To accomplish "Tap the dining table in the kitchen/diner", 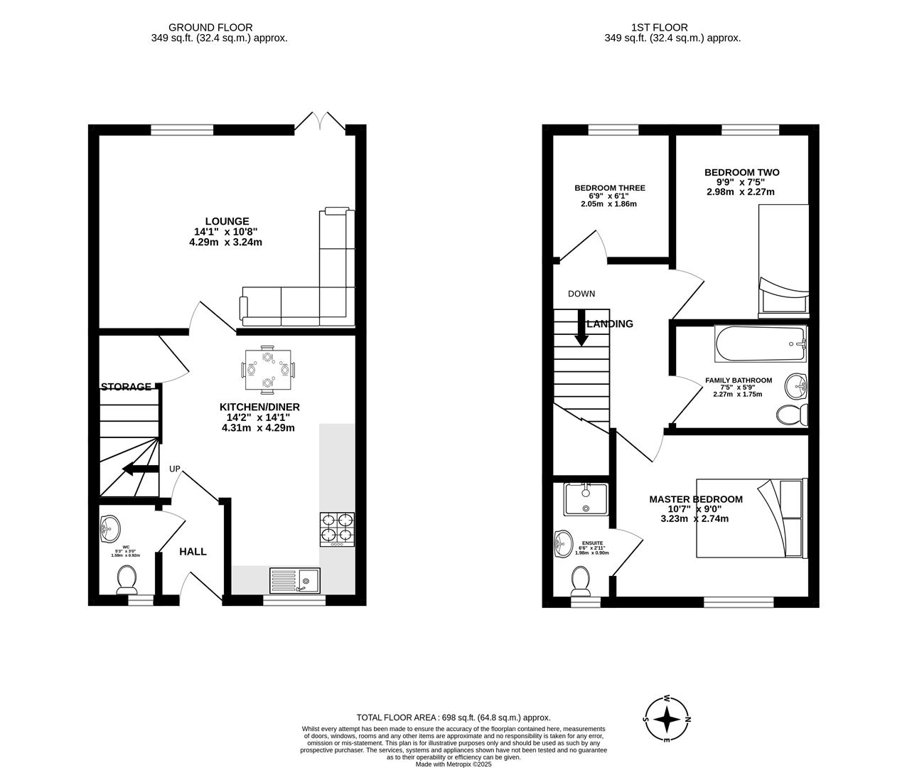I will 267,370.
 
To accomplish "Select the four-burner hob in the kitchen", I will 338,528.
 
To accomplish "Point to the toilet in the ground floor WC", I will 127,580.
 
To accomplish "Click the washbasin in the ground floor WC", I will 109,527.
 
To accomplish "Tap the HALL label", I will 193,551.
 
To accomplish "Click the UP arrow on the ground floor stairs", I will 139,469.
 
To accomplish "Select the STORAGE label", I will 126,387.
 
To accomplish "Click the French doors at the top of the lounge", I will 321,122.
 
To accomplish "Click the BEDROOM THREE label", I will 610,188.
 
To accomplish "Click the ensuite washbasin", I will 562,545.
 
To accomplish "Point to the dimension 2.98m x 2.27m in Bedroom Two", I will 741,191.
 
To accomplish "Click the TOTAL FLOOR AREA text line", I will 453,718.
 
